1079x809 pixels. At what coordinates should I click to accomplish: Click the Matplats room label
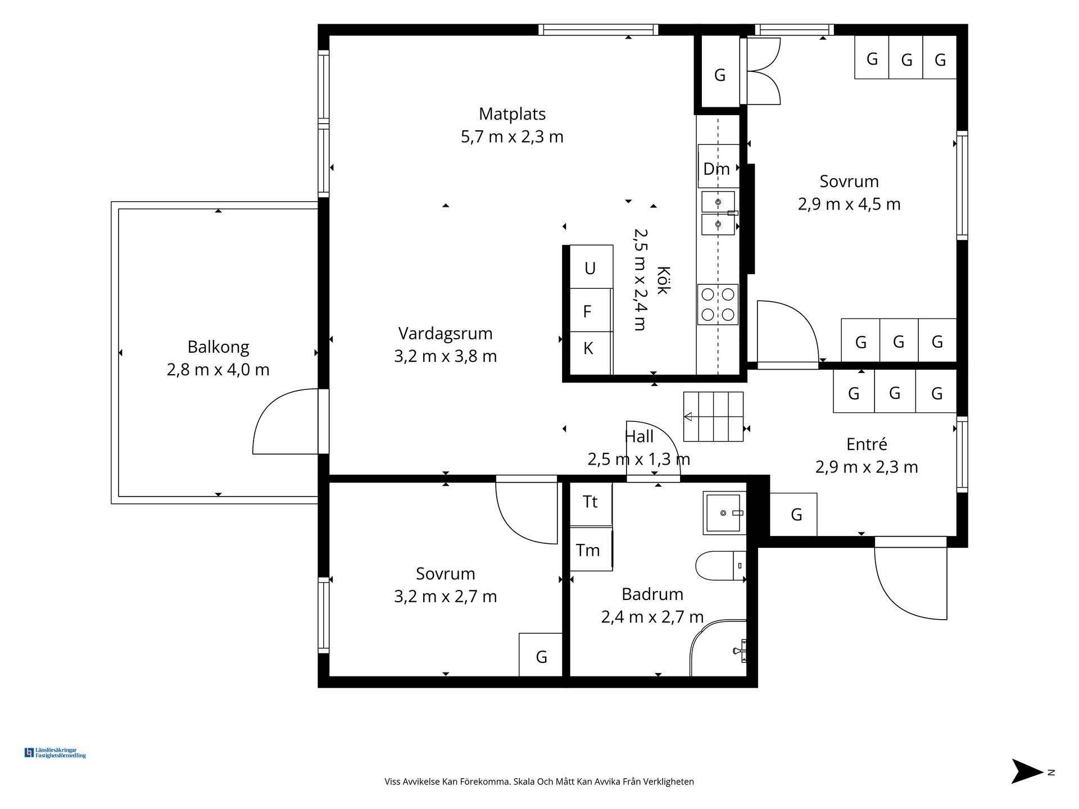pyautogui.click(x=512, y=114)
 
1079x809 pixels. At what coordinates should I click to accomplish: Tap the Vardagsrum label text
pyautogui.click(x=445, y=334)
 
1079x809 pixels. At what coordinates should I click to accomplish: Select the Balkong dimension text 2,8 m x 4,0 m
pyautogui.click(x=218, y=370)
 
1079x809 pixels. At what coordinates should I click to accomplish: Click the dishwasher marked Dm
pyautogui.click(x=718, y=166)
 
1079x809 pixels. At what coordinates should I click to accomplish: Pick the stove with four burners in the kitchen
pyautogui.click(x=718, y=304)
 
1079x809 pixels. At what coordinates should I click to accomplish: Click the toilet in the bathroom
pyautogui.click(x=720, y=566)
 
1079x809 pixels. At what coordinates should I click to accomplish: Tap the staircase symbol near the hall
pyautogui.click(x=713, y=416)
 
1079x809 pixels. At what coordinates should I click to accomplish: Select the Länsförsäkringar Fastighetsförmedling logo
pyautogui.click(x=55, y=753)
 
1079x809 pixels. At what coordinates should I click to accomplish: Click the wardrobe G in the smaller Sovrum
pyautogui.click(x=541, y=655)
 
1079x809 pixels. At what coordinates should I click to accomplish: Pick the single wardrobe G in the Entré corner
pyautogui.click(x=793, y=514)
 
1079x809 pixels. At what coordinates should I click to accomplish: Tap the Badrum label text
pyautogui.click(x=652, y=594)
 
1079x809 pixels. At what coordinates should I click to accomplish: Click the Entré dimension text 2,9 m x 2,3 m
pyautogui.click(x=867, y=467)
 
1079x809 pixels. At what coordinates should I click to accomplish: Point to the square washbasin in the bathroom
pyautogui.click(x=724, y=513)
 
